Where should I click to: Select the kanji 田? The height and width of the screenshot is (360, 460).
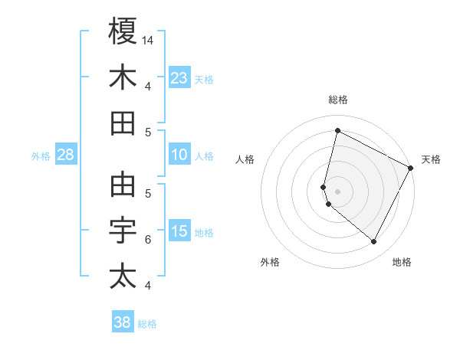click(123, 123)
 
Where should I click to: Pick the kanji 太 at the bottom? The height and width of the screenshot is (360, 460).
click(123, 277)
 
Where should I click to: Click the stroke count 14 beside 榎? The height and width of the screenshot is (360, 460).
click(149, 40)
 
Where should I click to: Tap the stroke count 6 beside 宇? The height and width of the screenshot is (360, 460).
click(148, 240)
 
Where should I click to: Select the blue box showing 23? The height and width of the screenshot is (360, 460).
click(179, 77)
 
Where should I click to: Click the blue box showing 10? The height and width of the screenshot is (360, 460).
click(179, 155)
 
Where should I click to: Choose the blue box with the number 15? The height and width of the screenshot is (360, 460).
click(179, 232)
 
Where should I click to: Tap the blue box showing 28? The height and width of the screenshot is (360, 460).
click(66, 155)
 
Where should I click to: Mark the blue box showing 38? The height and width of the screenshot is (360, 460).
click(123, 322)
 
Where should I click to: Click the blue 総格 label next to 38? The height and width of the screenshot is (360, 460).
click(147, 324)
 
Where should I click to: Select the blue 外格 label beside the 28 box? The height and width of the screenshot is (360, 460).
click(41, 156)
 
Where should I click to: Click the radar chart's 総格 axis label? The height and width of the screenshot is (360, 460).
click(337, 100)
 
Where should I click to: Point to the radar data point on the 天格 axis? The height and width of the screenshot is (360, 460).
click(411, 168)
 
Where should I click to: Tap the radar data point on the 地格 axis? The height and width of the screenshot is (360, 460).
click(374, 242)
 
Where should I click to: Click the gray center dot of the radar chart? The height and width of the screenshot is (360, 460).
click(337, 191)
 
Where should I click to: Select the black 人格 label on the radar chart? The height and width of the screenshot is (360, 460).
click(245, 159)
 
